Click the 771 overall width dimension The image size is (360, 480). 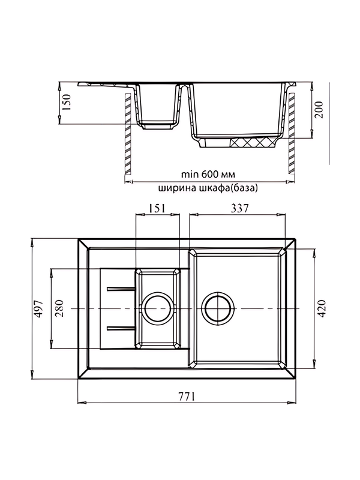[x=188, y=395]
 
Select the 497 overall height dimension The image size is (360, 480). [x=38, y=309]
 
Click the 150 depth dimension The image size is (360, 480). [x=67, y=103]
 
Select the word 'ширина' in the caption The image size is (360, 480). [x=176, y=188]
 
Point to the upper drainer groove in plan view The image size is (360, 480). [x=121, y=289]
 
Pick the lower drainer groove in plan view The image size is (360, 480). [x=121, y=328]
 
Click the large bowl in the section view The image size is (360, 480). [x=237, y=111]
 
